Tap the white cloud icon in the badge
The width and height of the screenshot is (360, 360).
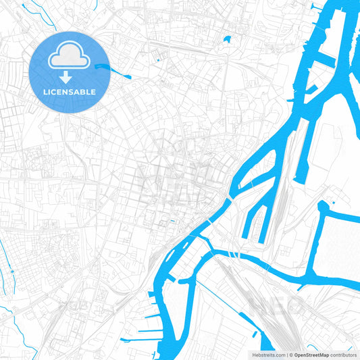tap(70, 58)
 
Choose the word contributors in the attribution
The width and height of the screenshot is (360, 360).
tap(343, 355)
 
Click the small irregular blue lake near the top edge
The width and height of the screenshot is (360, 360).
tap(226, 39)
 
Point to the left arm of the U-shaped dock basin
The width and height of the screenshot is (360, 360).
tap(248, 216)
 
